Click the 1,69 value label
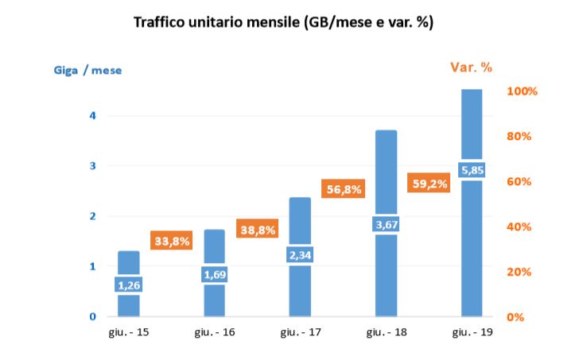click(215, 275)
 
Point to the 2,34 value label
click(300, 255)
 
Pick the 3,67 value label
click(386, 225)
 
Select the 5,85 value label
click(472, 169)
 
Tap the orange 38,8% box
click(257, 229)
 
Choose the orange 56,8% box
click(343, 189)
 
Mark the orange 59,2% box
click(429, 184)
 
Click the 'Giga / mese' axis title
click(87, 70)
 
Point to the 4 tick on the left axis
click(92, 115)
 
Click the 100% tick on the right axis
click(523, 91)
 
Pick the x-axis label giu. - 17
click(300, 331)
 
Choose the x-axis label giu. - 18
click(386, 331)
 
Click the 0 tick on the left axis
click(92, 317)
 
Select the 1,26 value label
click(129, 285)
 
